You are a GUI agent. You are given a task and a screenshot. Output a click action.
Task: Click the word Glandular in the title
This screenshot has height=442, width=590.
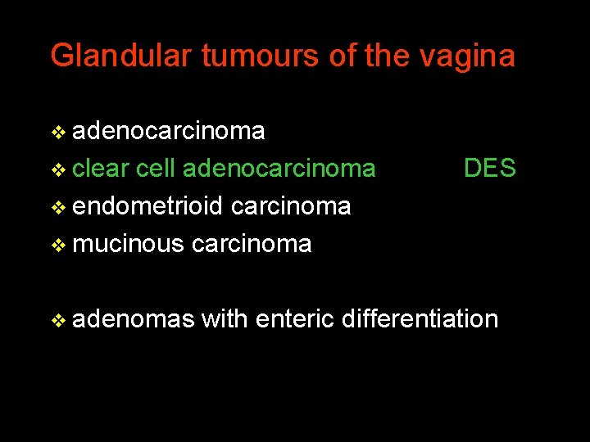click(121, 56)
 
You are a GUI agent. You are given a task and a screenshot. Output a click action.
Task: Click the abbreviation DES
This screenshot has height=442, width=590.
click(489, 169)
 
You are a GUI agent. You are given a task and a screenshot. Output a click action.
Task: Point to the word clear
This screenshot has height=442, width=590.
click(102, 169)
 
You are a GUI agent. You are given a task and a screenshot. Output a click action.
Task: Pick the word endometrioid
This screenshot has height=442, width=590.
click(147, 206)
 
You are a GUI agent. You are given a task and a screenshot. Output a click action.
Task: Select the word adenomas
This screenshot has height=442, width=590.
click(133, 318)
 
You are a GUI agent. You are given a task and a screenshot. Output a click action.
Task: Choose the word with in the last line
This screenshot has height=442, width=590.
click(225, 318)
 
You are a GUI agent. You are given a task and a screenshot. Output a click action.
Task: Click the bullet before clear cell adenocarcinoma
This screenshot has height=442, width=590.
click(57, 170)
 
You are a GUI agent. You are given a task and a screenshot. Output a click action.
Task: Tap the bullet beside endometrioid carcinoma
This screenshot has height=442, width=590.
click(57, 208)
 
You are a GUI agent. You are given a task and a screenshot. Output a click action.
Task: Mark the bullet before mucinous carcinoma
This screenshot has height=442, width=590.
click(57, 246)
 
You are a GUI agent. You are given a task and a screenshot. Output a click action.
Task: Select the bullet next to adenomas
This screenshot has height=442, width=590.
click(57, 320)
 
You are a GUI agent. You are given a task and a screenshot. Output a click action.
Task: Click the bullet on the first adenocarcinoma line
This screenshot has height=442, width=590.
click(57, 133)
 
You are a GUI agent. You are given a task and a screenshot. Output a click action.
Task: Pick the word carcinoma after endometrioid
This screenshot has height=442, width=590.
click(291, 206)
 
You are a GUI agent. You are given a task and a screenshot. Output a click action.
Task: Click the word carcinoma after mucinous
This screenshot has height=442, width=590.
click(252, 244)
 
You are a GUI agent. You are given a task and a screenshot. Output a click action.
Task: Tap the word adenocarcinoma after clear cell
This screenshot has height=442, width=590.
click(279, 169)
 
